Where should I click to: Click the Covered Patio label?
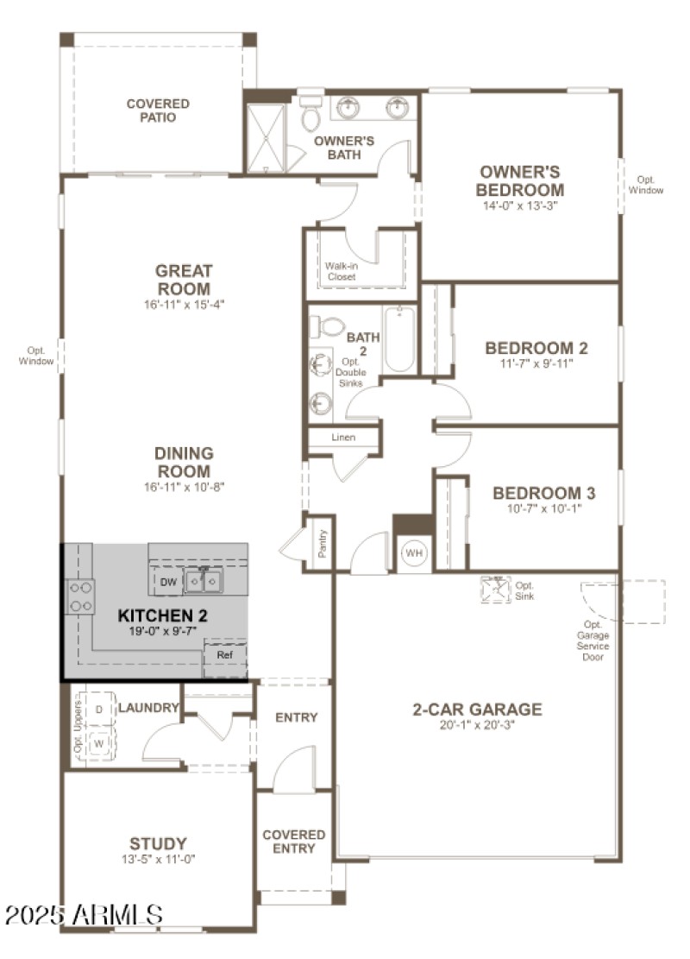click(x=158, y=110)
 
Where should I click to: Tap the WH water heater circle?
click(x=414, y=552)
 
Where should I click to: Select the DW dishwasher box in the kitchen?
click(x=168, y=583)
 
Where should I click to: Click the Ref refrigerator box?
click(x=224, y=656)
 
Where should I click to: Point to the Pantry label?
click(x=323, y=544)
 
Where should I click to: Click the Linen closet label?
click(x=343, y=438)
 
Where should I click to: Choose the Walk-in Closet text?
click(x=341, y=271)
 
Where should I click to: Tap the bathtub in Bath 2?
click(x=399, y=340)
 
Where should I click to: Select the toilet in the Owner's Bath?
click(x=310, y=115)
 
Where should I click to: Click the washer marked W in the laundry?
click(x=100, y=742)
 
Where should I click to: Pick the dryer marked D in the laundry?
click(x=100, y=710)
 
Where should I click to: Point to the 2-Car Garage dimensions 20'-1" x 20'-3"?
click(x=477, y=726)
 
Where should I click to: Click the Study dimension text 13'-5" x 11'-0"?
click(x=158, y=860)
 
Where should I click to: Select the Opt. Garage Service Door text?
click(x=593, y=640)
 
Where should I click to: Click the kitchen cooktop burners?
click(x=81, y=596)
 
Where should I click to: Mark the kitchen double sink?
click(x=204, y=583)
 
